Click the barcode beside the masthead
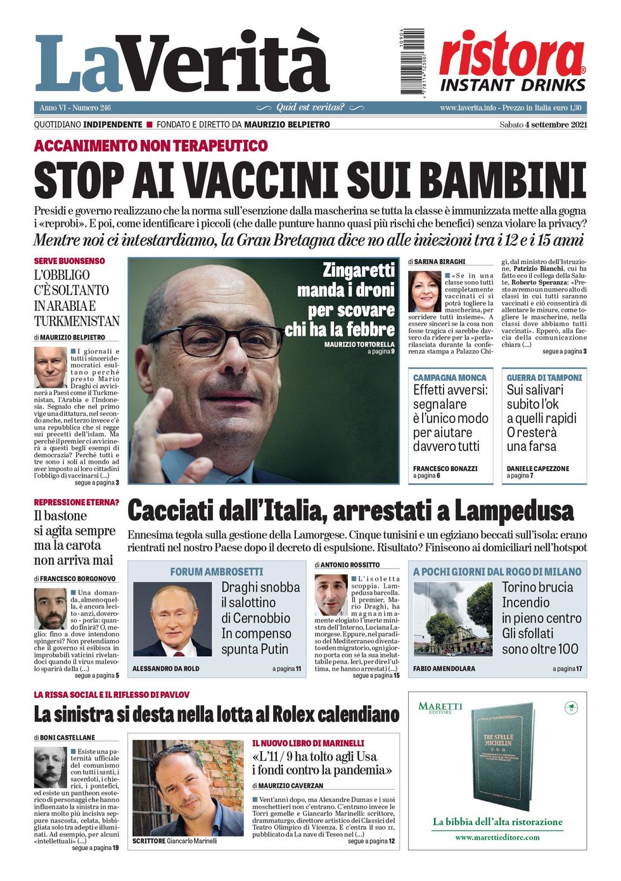[412, 61]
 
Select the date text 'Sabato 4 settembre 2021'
[543, 125]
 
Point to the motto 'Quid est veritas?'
[310, 108]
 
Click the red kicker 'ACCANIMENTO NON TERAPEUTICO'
[151, 146]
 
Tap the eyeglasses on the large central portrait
[215, 340]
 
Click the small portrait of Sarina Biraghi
[424, 291]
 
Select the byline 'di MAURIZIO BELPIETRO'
[70, 338]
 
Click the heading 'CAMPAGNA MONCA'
[450, 377]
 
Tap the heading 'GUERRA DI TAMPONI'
[544, 377]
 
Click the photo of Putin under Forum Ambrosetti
[172, 619]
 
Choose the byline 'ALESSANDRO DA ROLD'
[165, 669]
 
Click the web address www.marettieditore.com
[497, 837]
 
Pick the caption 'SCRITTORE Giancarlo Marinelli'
[174, 841]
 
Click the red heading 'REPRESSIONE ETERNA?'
[77, 502]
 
